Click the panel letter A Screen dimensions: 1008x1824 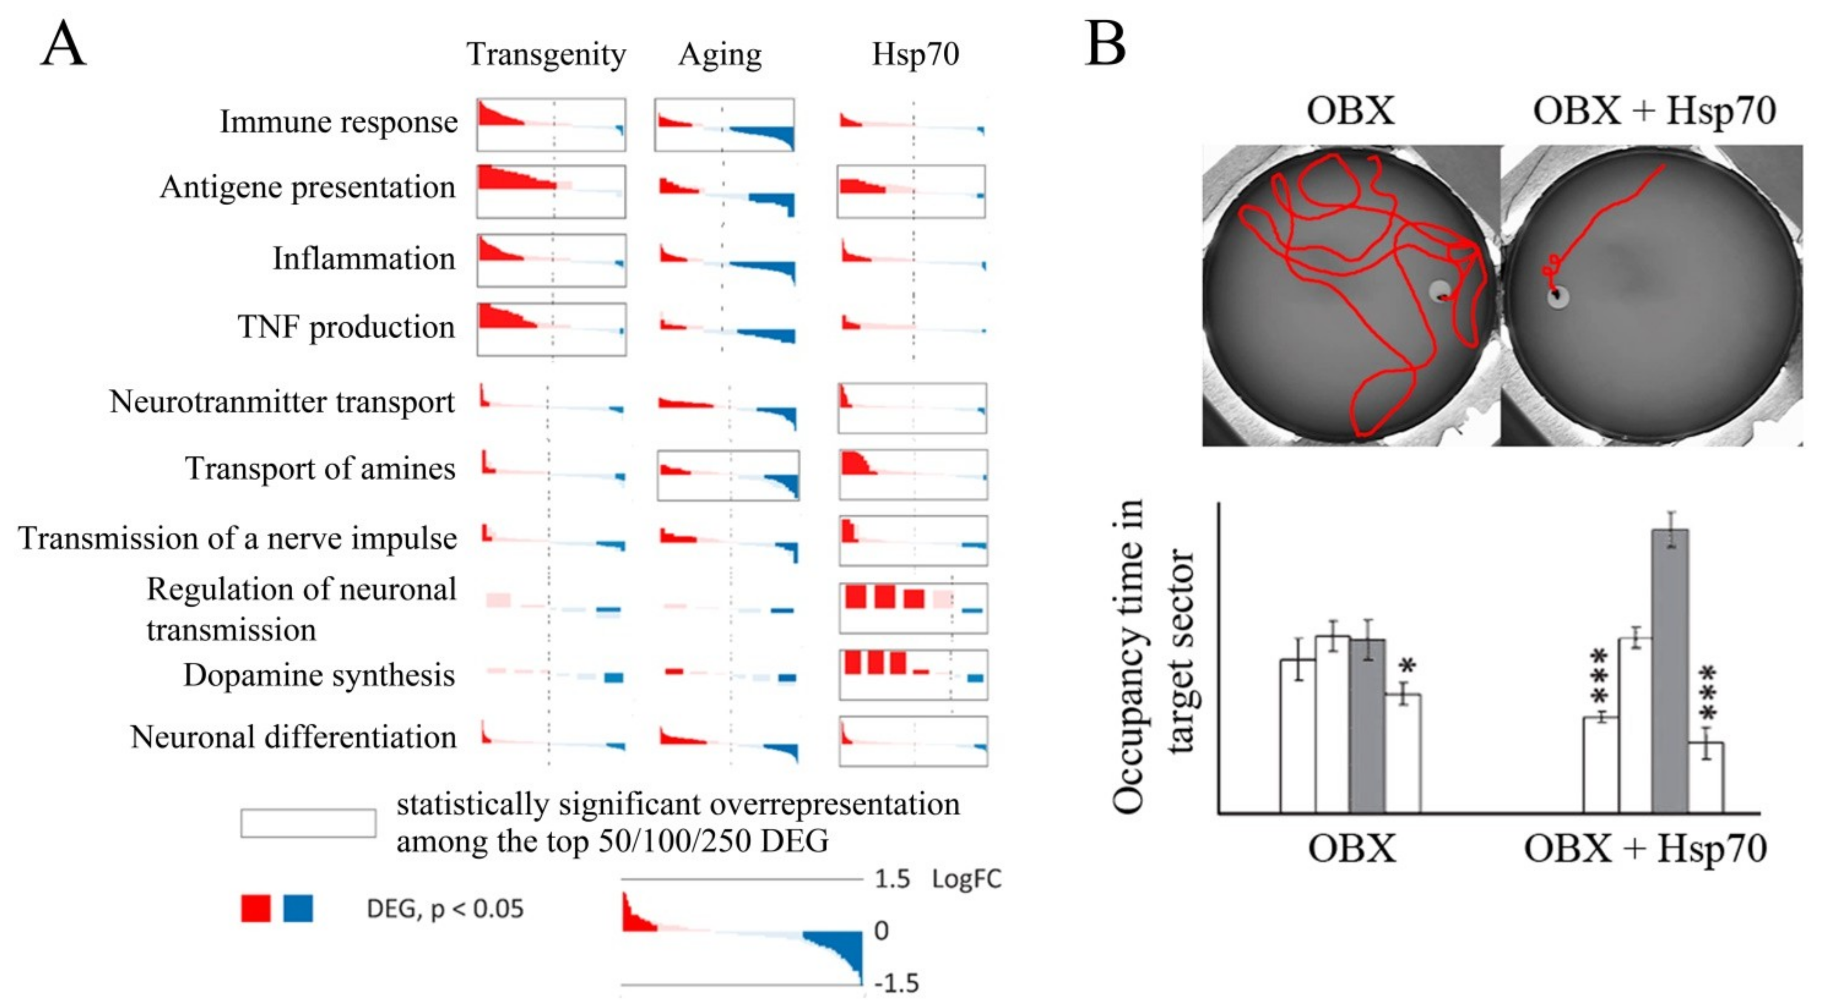pos(64,44)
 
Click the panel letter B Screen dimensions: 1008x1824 pos(1105,44)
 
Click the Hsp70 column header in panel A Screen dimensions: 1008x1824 pos(915,54)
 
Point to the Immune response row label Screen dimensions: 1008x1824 pos(338,122)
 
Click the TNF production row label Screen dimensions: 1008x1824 pos(346,327)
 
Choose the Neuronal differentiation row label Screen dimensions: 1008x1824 pos(293,737)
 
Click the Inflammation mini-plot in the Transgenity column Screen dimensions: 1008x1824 pos(551,260)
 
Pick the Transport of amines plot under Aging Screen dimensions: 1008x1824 pos(728,475)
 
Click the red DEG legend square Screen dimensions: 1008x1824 pos(256,908)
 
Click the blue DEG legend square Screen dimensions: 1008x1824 pos(298,908)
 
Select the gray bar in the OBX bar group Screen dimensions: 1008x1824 pos(1367,726)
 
